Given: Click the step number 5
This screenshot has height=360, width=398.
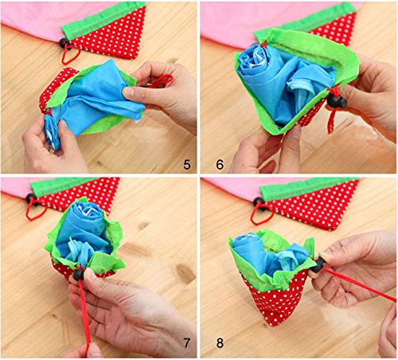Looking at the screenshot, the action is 187,165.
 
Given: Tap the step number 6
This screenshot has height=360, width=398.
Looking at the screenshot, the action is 220,165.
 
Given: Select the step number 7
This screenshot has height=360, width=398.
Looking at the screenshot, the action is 187,342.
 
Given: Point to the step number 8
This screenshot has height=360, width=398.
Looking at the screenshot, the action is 220,342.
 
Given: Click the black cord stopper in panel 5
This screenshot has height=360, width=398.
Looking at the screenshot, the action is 64,43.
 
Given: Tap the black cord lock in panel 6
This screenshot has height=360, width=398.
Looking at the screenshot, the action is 337,101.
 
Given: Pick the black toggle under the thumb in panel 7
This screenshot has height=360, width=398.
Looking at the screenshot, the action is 79,275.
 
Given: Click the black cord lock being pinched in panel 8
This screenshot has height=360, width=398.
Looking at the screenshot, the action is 318,264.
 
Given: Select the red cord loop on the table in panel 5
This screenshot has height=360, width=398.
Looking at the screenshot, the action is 71,54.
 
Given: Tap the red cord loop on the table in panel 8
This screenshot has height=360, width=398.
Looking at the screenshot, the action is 261,214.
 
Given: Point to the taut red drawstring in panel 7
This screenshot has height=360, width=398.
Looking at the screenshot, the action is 84,312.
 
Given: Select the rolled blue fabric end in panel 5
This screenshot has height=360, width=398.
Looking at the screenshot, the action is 53,131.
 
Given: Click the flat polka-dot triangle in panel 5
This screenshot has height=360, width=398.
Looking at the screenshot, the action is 111,34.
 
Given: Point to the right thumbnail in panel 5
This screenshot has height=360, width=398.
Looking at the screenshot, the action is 129,92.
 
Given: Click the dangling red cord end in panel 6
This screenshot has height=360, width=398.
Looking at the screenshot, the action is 332,121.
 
